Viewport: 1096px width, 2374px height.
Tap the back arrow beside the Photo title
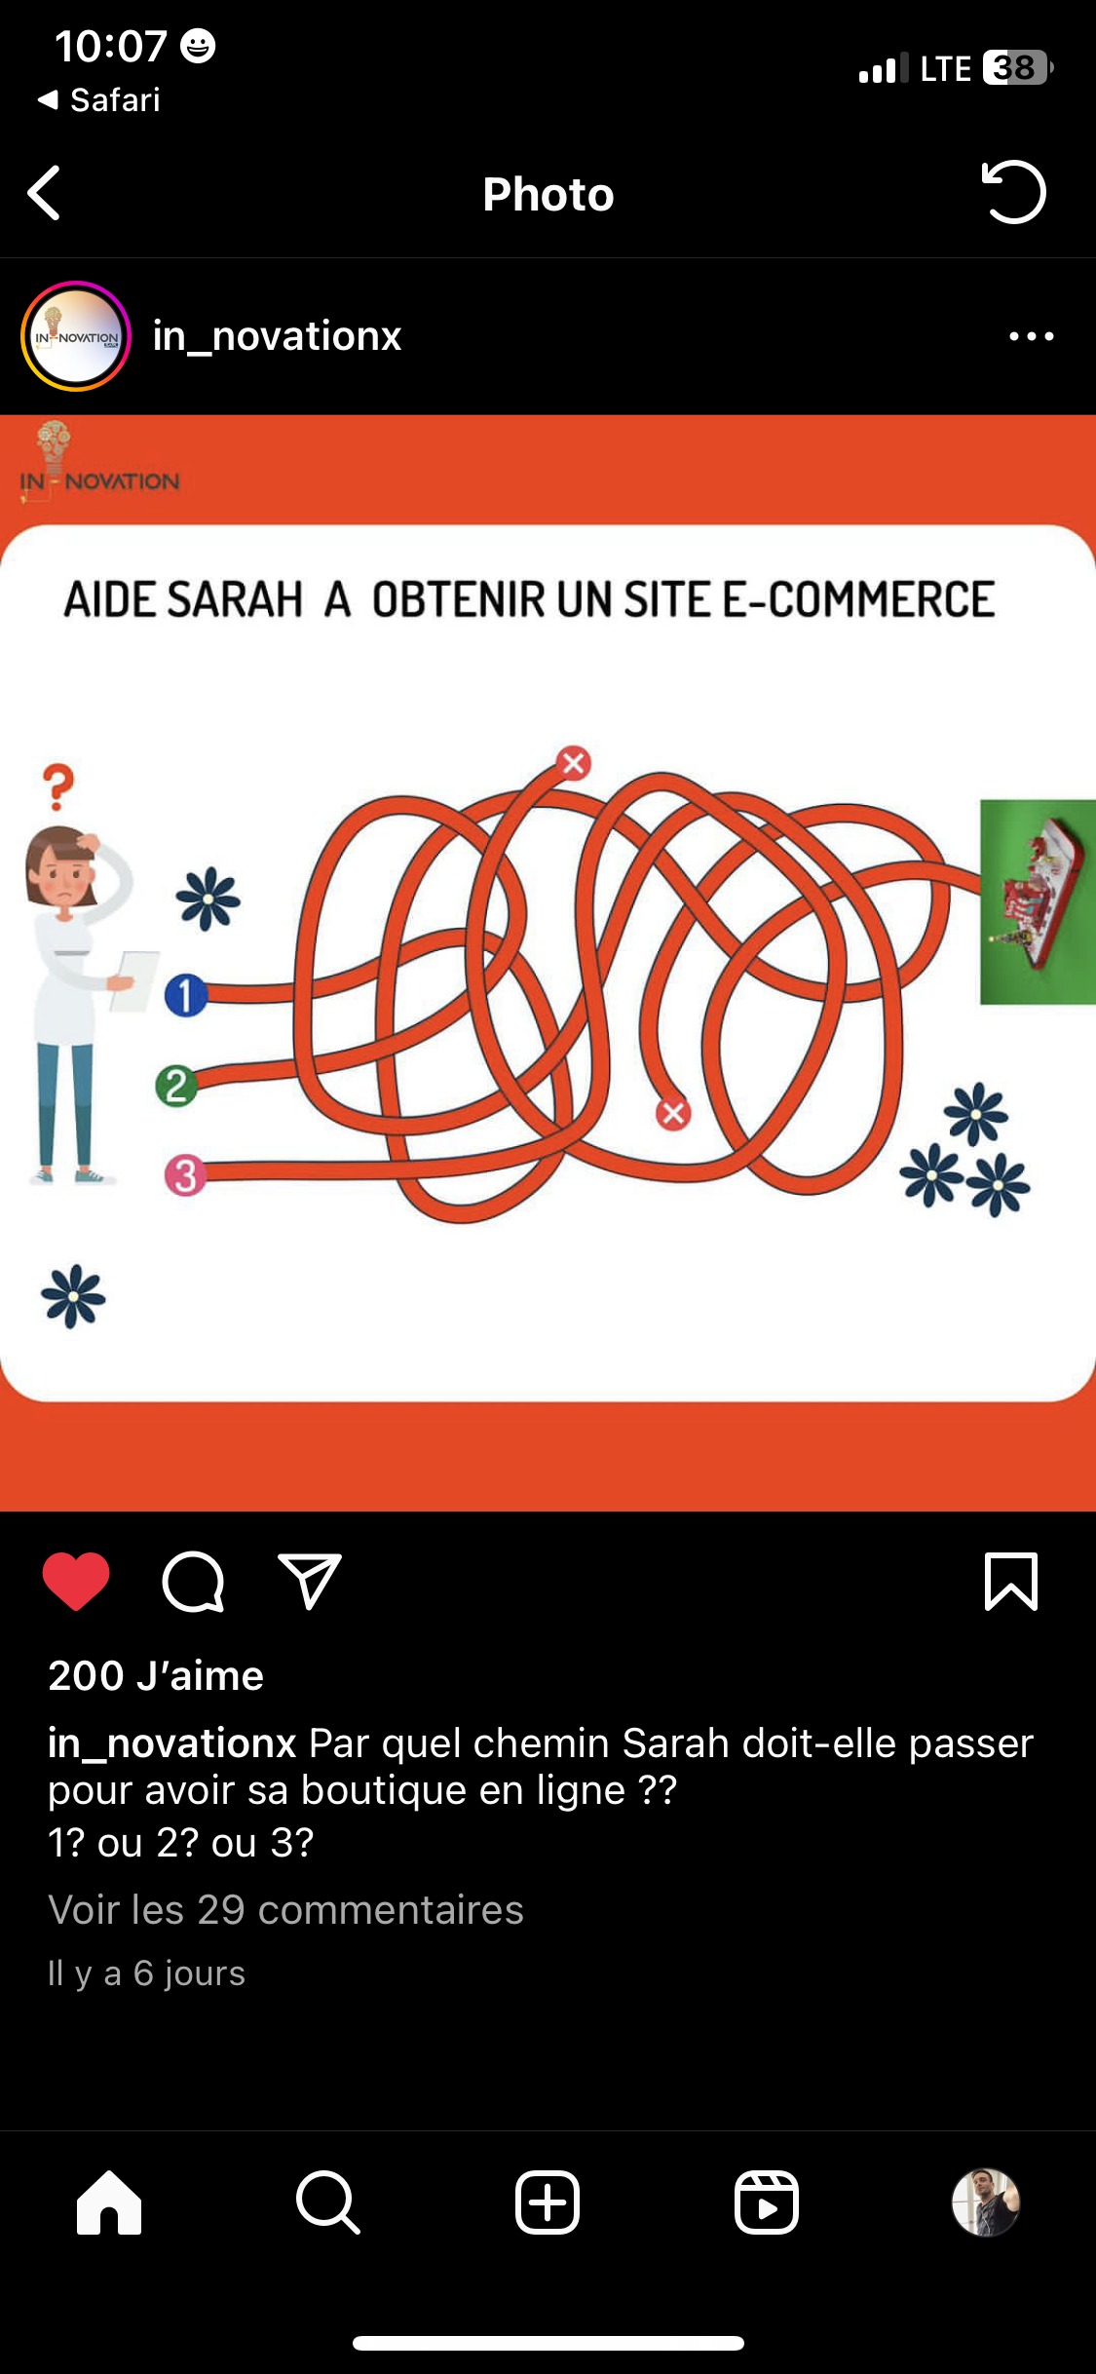(45, 193)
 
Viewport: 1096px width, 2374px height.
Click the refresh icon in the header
(1013, 192)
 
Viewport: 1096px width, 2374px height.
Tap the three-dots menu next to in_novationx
(1032, 336)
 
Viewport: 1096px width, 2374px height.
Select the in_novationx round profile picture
(76, 336)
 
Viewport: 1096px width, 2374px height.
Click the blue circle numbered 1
(186, 995)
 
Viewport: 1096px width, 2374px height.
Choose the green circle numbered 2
(176, 1086)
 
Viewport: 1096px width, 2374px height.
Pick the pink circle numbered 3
(186, 1175)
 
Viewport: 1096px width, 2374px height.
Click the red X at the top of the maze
(574, 763)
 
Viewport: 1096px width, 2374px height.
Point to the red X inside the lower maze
(673, 1113)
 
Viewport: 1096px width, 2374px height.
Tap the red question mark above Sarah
(58, 786)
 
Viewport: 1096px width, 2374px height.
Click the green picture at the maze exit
(1038, 901)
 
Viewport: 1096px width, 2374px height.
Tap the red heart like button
(76, 1581)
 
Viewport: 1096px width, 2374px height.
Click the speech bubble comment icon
(193, 1582)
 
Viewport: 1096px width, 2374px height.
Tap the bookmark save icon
(1011, 1581)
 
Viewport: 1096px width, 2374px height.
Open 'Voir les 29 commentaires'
(285, 1909)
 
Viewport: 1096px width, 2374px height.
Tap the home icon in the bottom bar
(109, 2202)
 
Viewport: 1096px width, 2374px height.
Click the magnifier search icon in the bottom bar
(328, 2202)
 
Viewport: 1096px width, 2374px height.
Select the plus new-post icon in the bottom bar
(548, 2202)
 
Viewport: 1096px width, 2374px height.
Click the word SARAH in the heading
(235, 599)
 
